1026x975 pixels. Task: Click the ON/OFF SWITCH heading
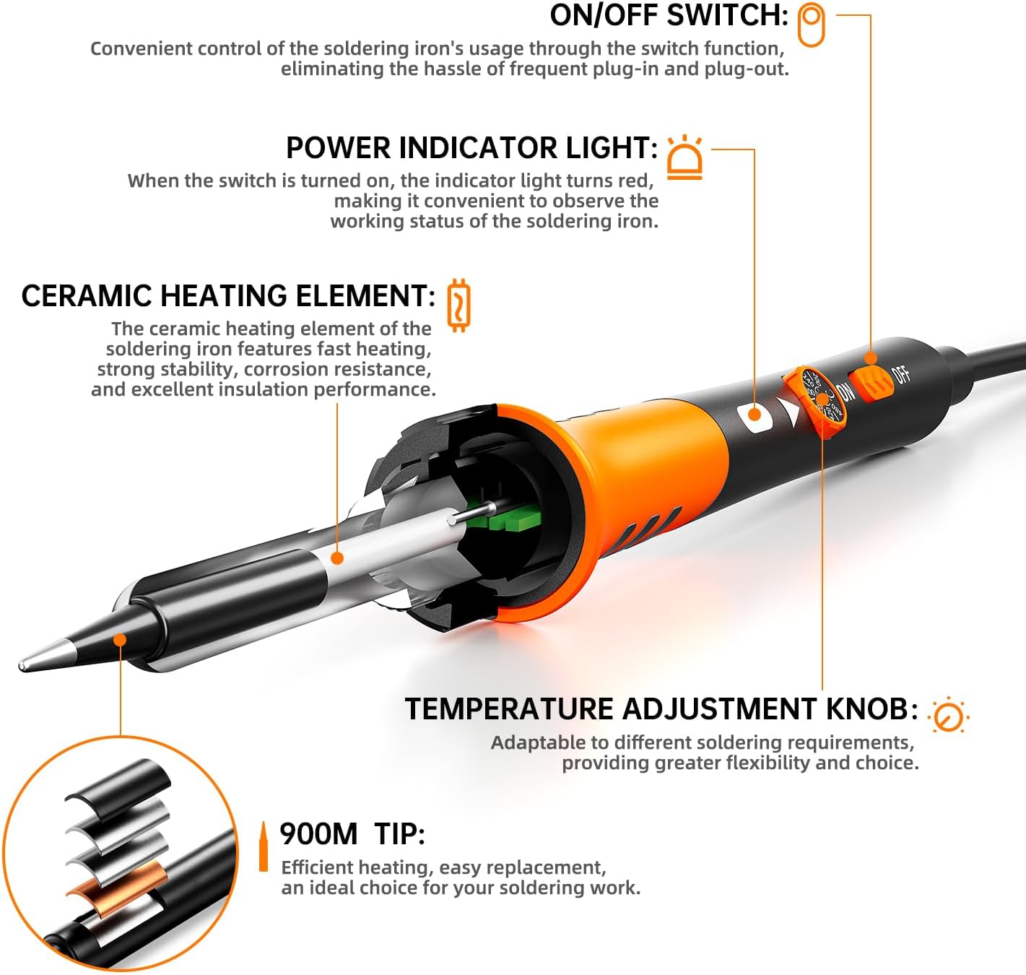pos(669,16)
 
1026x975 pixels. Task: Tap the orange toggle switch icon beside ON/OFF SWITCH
pos(811,25)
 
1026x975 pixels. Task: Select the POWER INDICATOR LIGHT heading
pos(471,148)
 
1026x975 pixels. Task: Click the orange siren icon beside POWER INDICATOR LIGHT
pos(684,157)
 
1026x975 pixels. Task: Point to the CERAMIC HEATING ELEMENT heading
pos(228,296)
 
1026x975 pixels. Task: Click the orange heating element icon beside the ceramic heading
pos(458,305)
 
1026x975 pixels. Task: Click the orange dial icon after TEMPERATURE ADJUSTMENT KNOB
pos(948,716)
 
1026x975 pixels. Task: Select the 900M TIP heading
pos(352,834)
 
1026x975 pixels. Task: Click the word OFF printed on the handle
pos(901,374)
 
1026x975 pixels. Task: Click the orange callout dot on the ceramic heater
pos(336,558)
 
